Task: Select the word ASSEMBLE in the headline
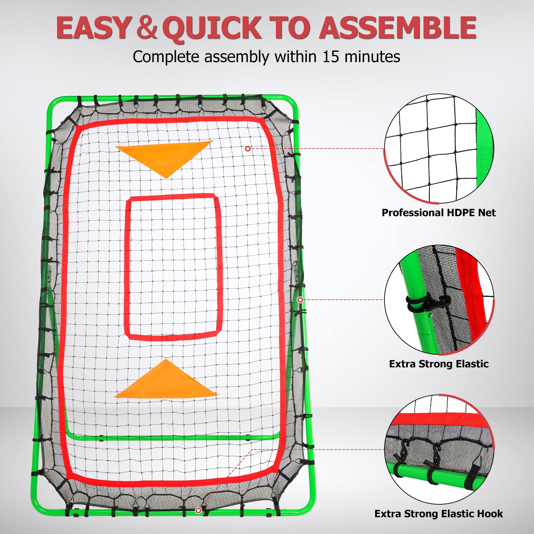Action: (x=397, y=28)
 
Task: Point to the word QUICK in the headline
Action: (x=214, y=29)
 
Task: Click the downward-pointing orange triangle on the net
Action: (x=165, y=157)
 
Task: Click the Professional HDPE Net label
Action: (x=439, y=213)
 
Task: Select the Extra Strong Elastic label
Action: (x=439, y=364)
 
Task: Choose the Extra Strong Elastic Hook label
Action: (x=439, y=514)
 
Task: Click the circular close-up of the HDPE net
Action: (x=439, y=149)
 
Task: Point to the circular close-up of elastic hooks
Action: (x=439, y=449)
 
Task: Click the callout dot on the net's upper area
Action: (x=248, y=149)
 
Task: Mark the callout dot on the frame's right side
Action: (x=300, y=300)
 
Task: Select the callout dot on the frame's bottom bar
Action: (x=198, y=511)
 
